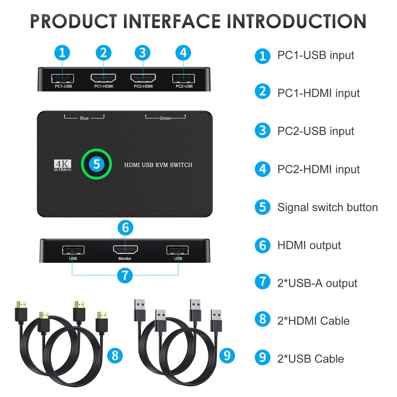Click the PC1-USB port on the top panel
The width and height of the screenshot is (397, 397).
62,78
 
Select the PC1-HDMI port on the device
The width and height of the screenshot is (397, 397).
103,78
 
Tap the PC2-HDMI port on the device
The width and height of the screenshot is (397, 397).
143,78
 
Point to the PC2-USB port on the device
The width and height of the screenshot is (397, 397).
183,78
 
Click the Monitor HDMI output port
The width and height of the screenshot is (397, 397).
125,250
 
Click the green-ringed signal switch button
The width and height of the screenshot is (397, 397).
96,164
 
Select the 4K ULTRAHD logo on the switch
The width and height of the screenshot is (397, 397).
62,165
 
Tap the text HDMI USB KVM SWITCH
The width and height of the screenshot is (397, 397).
158,165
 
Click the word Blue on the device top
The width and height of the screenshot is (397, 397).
84,118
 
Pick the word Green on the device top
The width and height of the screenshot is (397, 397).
165,118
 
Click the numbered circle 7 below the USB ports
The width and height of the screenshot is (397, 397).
125,275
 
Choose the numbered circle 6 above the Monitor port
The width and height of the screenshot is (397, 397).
125,228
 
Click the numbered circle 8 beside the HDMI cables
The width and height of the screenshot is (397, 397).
115,355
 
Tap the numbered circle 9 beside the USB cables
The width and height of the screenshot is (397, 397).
227,355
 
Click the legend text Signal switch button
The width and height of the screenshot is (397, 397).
327,207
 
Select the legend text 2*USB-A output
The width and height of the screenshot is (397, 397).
317,283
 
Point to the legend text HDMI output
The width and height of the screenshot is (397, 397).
309,245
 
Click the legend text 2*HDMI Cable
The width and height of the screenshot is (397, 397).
313,321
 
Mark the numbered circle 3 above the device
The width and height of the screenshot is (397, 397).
143,53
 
